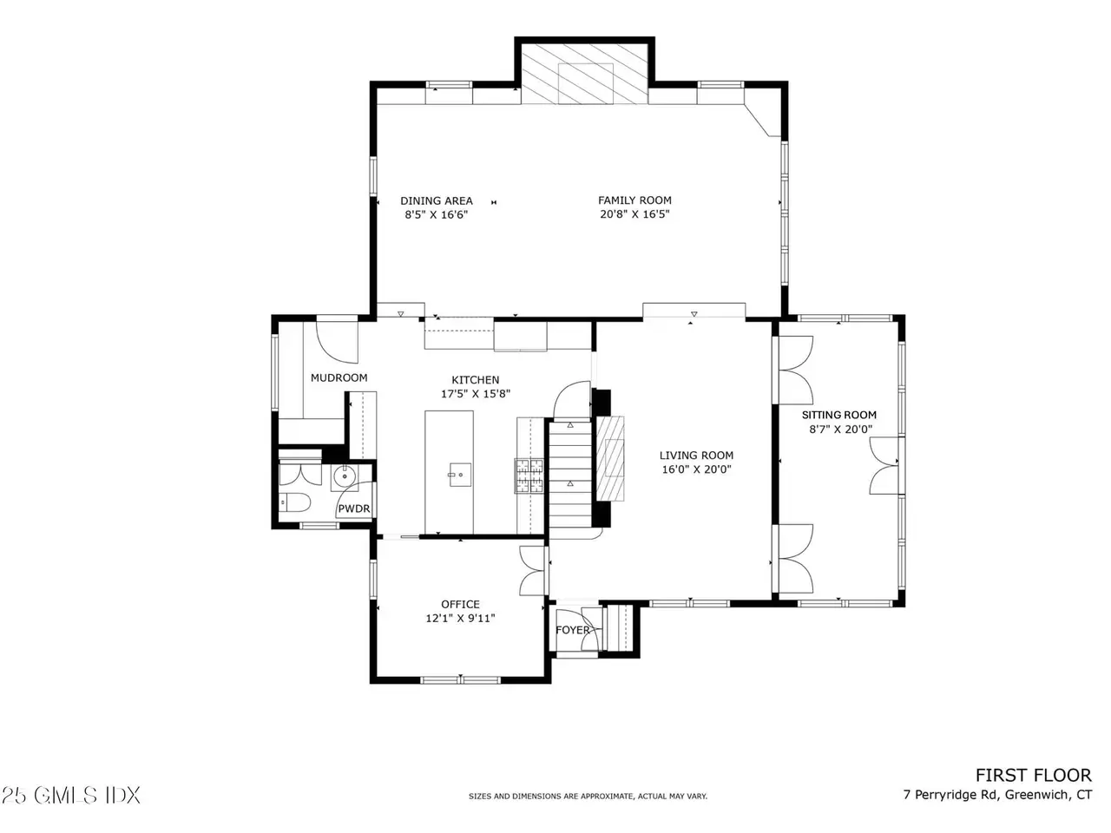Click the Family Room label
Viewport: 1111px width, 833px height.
(634, 200)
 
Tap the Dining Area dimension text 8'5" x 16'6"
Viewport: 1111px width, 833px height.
(436, 214)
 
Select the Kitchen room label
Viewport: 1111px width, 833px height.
(476, 380)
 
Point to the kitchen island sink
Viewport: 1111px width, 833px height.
(459, 475)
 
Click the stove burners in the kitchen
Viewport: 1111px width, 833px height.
(529, 476)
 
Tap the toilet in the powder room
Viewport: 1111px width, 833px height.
(295, 502)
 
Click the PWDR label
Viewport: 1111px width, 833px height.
(354, 508)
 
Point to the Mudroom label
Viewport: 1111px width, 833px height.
(339, 377)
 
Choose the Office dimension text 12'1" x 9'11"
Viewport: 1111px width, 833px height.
(460, 618)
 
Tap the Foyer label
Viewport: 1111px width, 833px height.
(573, 630)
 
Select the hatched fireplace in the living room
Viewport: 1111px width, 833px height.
(610, 458)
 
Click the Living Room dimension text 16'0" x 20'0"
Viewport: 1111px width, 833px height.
(696, 469)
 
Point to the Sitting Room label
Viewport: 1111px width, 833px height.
(838, 416)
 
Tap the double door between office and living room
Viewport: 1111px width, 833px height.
(533, 570)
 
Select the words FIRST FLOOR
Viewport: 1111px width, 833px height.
(1033, 776)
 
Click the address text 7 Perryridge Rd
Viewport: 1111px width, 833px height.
(951, 795)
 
